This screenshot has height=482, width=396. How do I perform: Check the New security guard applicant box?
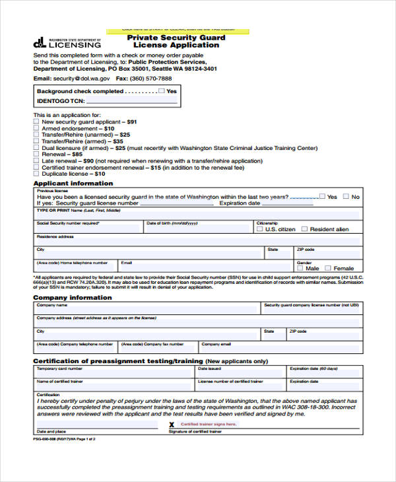pyautogui.click(x=36, y=121)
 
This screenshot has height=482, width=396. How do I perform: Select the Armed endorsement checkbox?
pyautogui.click(x=36, y=128)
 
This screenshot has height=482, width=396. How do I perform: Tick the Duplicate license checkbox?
pyautogui.click(x=36, y=174)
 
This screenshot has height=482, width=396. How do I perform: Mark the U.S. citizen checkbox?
pyautogui.click(x=260, y=229)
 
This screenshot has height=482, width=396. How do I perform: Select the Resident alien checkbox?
pyautogui.click(x=304, y=229)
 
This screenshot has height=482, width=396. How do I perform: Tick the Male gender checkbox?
pyautogui.click(x=300, y=268)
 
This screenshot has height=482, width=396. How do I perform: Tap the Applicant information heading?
pyautogui.click(x=73, y=183)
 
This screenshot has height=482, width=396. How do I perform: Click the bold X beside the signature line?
pyautogui.click(x=172, y=425)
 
